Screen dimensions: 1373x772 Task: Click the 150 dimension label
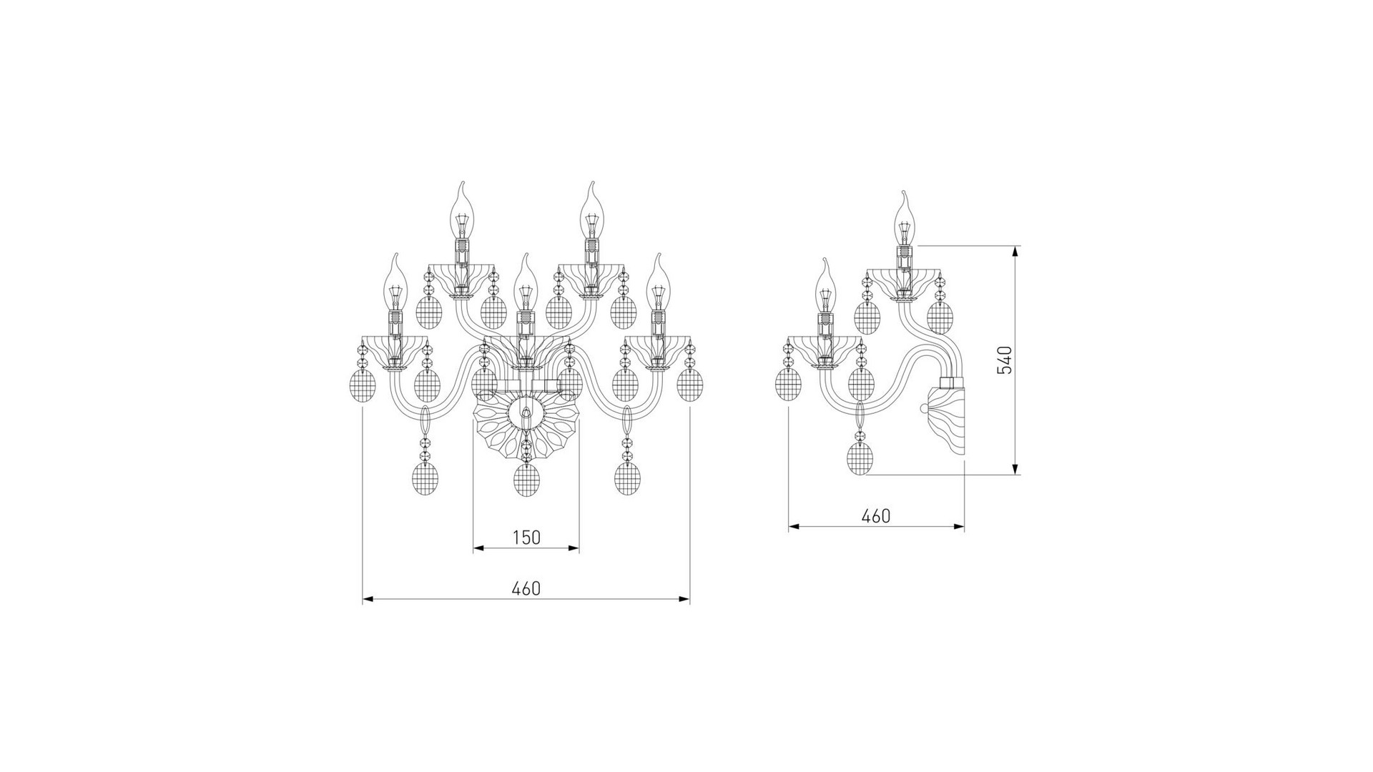(526, 537)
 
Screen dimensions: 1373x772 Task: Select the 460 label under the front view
(526, 588)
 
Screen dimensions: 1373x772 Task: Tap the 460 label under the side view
(876, 515)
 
